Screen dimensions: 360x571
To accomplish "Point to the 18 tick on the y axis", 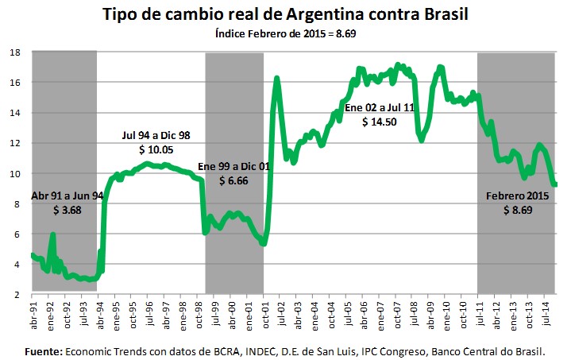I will (x=15, y=52).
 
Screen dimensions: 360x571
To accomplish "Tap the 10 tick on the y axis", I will (x=15, y=173).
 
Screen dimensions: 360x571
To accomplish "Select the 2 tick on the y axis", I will (x=17, y=295).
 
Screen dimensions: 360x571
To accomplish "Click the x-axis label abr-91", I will (x=33, y=315).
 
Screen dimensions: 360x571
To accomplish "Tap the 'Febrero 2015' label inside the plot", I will (x=516, y=195).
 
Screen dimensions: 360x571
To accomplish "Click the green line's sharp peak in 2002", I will (x=276, y=78).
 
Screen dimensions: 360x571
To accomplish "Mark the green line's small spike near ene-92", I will (x=52, y=235).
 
